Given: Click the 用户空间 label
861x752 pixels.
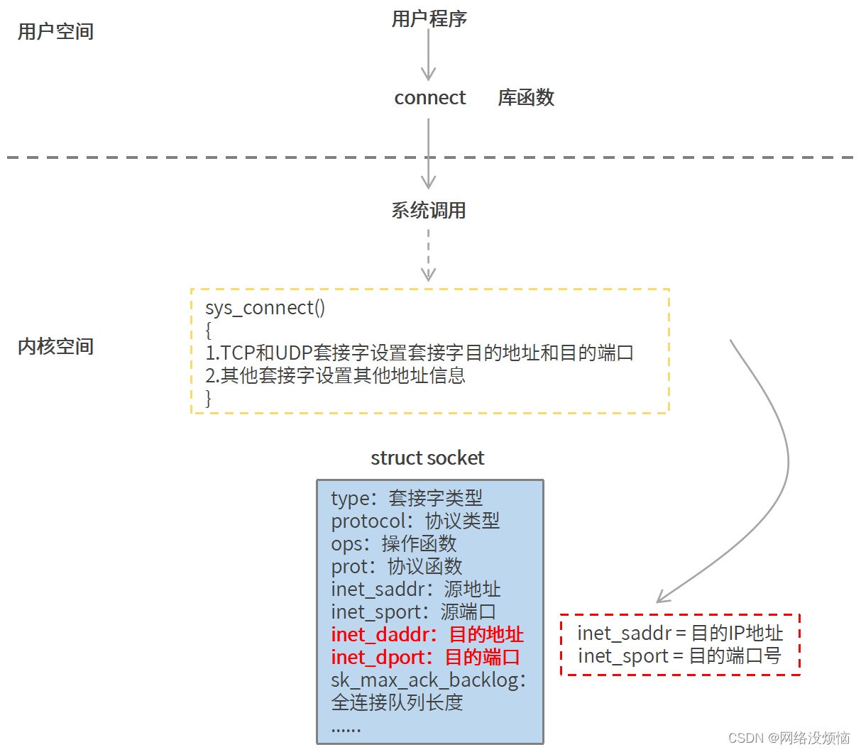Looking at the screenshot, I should click(x=55, y=32).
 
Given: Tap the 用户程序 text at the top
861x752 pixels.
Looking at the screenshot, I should click(x=429, y=19).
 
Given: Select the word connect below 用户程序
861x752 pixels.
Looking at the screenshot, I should click(x=429, y=98).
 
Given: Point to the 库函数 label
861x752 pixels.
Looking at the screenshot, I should click(x=525, y=98).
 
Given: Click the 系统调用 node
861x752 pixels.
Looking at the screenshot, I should click(x=428, y=211).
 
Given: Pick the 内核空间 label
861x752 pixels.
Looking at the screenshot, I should click(x=55, y=347).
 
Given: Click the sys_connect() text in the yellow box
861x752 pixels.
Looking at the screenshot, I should click(x=265, y=308).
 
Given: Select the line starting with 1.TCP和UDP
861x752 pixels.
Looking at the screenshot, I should click(x=419, y=353).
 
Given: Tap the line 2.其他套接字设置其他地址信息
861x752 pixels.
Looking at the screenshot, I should click(x=335, y=375).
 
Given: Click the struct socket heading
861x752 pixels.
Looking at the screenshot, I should click(x=427, y=458).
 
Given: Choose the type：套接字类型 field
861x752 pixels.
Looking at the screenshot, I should click(x=406, y=498).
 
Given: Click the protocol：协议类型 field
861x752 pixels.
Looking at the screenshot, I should click(x=415, y=521).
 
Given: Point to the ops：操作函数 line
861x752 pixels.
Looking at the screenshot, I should click(x=393, y=543).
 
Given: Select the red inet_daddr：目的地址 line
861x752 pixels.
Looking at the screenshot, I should click(x=427, y=634).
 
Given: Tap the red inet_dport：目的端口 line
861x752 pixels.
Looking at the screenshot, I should click(x=425, y=657).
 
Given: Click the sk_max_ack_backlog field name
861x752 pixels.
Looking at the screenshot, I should click(x=428, y=680).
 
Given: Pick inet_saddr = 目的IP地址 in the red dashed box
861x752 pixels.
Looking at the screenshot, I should click(x=679, y=633).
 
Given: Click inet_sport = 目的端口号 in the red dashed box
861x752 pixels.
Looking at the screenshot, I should click(x=679, y=656).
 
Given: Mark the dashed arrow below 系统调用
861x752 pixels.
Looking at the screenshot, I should click(x=428, y=255).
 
